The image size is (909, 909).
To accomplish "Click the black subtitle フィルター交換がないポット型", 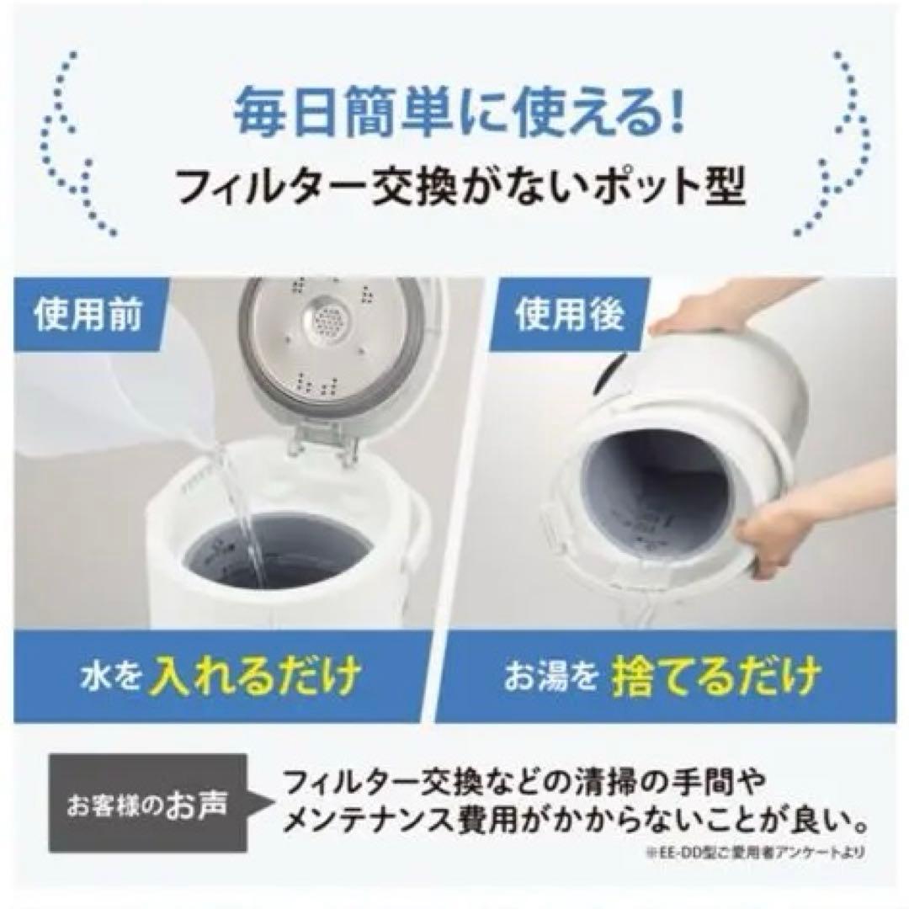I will (x=454, y=187).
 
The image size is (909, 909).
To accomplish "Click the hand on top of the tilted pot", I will (x=707, y=311).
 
